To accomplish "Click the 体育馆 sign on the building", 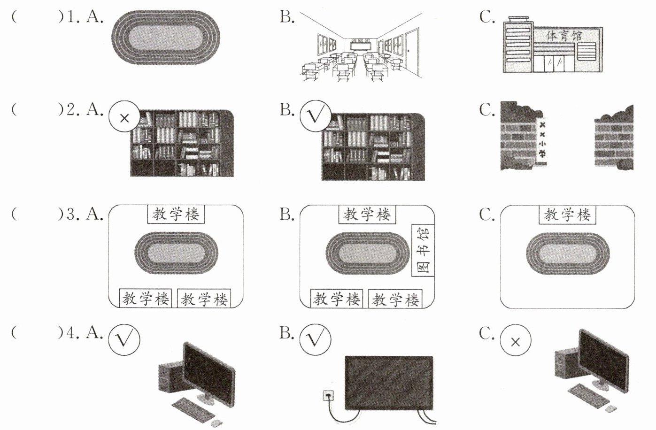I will (x=564, y=36).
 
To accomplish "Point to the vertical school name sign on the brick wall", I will (x=542, y=140).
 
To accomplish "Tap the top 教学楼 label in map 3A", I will (x=176, y=215).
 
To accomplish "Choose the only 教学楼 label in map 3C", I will (x=567, y=215).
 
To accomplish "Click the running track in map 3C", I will (x=567, y=254).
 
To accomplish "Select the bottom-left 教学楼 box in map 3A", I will (x=146, y=299).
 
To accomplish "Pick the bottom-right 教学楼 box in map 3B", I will (x=395, y=299).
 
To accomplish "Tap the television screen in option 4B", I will (x=389, y=382).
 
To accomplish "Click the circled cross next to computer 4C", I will (x=515, y=342).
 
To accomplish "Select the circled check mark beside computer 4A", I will (x=124, y=339).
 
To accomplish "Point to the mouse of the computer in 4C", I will (x=610, y=409).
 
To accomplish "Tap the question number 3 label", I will (x=71, y=214).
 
